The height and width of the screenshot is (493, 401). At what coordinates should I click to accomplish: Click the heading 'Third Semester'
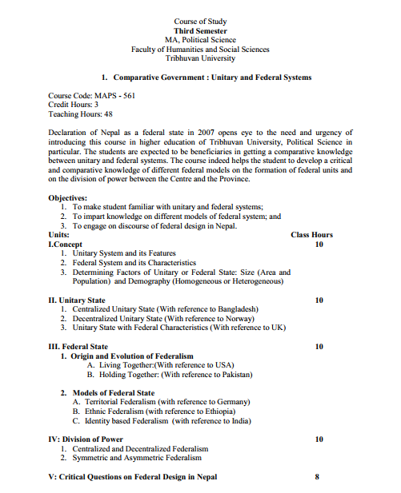[200, 30]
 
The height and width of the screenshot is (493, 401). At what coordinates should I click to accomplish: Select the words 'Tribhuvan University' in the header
[200, 58]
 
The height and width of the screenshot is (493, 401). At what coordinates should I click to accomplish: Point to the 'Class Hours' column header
[311, 235]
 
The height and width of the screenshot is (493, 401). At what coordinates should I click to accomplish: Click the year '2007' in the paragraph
[198, 132]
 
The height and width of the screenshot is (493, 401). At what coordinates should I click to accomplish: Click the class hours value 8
[317, 477]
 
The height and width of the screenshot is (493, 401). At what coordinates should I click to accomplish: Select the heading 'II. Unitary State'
[77, 300]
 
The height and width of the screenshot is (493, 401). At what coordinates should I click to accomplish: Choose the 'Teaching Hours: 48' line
[81, 114]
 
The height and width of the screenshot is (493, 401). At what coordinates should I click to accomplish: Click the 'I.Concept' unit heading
[66, 244]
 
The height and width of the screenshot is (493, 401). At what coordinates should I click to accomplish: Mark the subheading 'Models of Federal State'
[114, 393]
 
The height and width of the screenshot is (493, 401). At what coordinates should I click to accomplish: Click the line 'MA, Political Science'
[200, 39]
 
